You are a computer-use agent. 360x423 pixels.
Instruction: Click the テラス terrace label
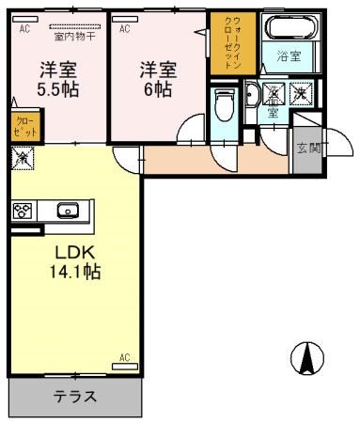[75, 396]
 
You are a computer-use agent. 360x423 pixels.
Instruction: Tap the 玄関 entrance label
[307, 148]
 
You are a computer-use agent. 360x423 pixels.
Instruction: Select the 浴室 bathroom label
[288, 56]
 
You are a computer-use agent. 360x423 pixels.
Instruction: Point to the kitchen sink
[68, 211]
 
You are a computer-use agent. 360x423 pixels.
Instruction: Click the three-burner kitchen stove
[23, 211]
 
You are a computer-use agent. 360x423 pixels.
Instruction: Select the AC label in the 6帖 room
[124, 29]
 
